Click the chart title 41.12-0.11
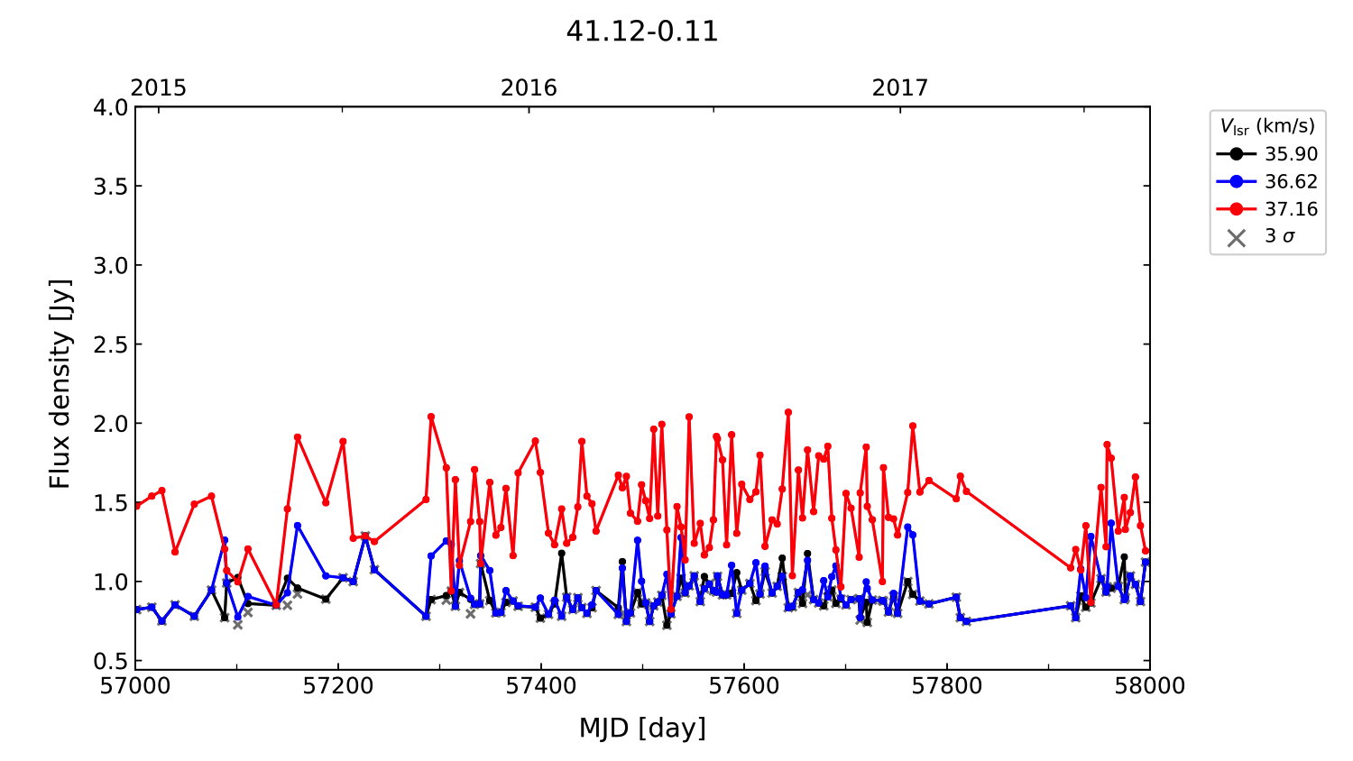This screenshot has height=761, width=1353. [x=641, y=32]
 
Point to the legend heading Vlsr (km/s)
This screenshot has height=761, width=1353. [x=1267, y=126]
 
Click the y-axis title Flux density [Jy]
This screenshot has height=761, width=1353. [x=60, y=384]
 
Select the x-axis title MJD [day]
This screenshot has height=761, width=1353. [x=641, y=728]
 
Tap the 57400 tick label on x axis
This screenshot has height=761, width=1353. [x=541, y=686]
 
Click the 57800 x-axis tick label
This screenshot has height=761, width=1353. [x=947, y=686]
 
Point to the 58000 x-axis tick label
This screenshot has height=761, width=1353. [x=1149, y=686]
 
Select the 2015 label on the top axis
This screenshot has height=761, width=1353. [x=159, y=87]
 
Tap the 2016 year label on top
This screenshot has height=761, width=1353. [x=529, y=87]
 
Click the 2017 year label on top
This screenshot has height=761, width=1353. [x=899, y=87]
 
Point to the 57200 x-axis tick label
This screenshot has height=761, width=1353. [x=338, y=686]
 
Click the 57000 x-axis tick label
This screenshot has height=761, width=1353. [x=135, y=686]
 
